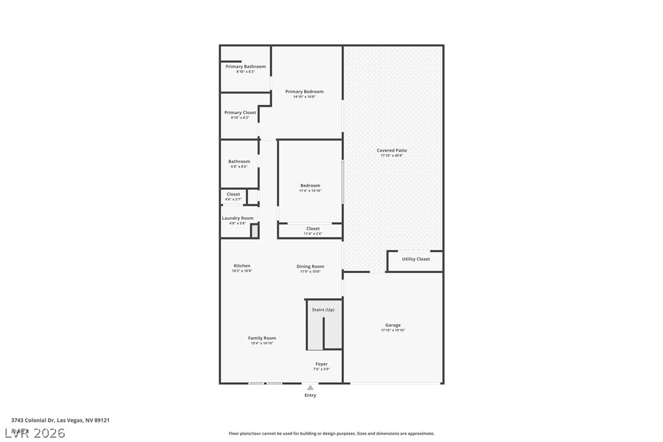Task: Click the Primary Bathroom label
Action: [245, 67]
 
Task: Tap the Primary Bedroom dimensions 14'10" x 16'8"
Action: [304, 96]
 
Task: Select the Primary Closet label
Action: [240, 112]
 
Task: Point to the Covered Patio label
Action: [391, 150]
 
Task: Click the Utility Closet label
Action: [415, 259]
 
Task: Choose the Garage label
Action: [393, 325]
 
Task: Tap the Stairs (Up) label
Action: [323, 310]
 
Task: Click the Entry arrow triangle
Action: [310, 387]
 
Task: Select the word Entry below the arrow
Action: [310, 396]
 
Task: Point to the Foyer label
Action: [321, 364]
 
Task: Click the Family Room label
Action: [262, 338]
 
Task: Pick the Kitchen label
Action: [242, 266]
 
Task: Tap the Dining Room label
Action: [310, 266]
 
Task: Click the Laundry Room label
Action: [237, 218]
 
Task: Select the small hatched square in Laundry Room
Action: [255, 231]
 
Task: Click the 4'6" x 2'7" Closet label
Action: [233, 194]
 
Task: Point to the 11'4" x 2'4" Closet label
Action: [313, 229]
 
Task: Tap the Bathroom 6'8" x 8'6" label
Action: [239, 162]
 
